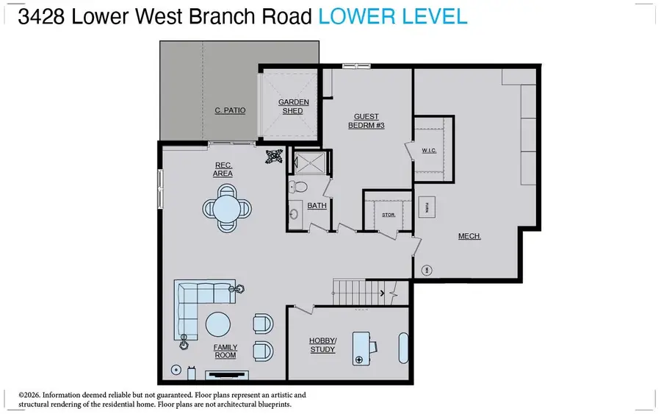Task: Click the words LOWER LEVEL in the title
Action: pyautogui.click(x=393, y=17)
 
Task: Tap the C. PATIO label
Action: pyautogui.click(x=230, y=110)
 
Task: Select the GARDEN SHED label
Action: pyautogui.click(x=293, y=106)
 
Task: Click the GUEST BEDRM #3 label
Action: pyautogui.click(x=366, y=121)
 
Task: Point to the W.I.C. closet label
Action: pyautogui.click(x=430, y=151)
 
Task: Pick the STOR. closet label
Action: pyautogui.click(x=389, y=215)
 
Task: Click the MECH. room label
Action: pyautogui.click(x=469, y=236)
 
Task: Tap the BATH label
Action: pyautogui.click(x=317, y=206)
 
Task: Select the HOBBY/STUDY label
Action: pyautogui.click(x=322, y=345)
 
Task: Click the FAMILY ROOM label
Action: pyautogui.click(x=225, y=351)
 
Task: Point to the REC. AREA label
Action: pyautogui.click(x=223, y=169)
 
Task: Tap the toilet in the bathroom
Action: pyautogui.click(x=296, y=188)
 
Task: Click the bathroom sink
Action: pyautogui.click(x=294, y=214)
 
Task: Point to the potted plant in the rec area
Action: pyautogui.click(x=275, y=156)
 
